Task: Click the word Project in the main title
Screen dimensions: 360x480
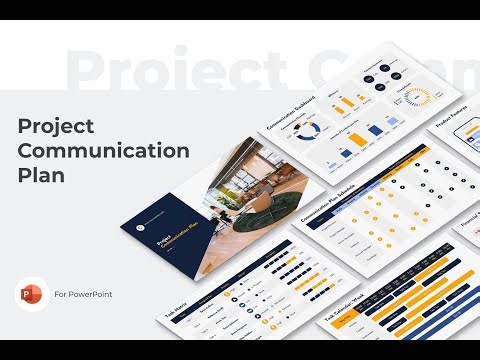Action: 57,126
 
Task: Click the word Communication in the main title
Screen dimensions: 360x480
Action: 104,151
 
